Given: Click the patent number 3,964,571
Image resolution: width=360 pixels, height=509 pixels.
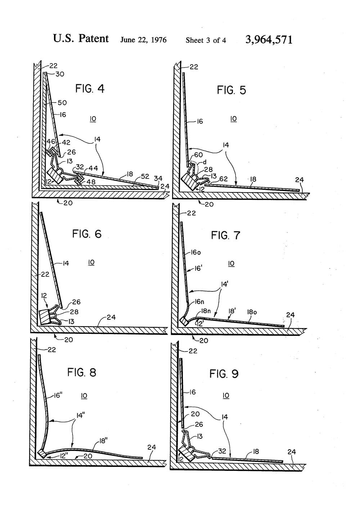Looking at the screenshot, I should [x=269, y=40].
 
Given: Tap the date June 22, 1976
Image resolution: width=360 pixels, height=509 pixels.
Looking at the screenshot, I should [x=143, y=40].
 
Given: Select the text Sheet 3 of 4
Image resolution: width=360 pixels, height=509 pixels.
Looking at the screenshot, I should [x=206, y=40].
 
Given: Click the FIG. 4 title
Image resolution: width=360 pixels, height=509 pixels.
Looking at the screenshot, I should [x=90, y=88].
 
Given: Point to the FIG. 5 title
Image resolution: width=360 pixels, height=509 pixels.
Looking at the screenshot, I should [x=231, y=90].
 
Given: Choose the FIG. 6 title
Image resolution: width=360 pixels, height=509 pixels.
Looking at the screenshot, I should [x=87, y=234].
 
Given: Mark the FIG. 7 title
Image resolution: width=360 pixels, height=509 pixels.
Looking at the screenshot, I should [x=225, y=236].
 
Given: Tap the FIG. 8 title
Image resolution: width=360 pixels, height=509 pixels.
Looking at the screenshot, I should [x=82, y=372].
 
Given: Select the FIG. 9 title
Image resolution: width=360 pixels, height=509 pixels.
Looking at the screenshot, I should [x=224, y=374].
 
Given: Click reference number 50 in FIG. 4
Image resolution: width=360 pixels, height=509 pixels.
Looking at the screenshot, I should [x=62, y=103].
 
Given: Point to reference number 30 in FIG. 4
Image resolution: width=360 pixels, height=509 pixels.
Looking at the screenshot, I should [x=60, y=74].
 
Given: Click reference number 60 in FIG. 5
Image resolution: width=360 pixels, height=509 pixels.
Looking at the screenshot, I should [x=199, y=155].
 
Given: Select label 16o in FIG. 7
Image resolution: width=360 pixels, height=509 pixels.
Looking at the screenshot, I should [x=197, y=253].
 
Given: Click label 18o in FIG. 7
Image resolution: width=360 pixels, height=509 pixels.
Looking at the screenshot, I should [x=251, y=312].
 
